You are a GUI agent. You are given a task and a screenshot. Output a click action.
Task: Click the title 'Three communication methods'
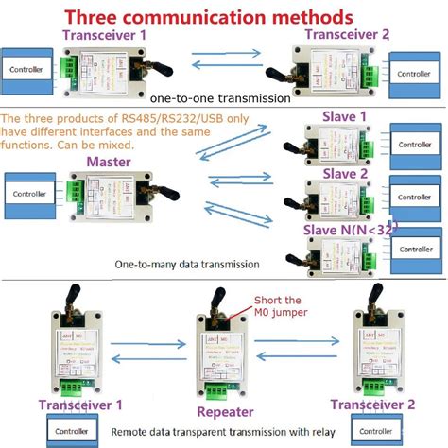[208, 17]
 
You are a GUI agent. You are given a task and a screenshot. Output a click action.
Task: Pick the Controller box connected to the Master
[32, 193]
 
